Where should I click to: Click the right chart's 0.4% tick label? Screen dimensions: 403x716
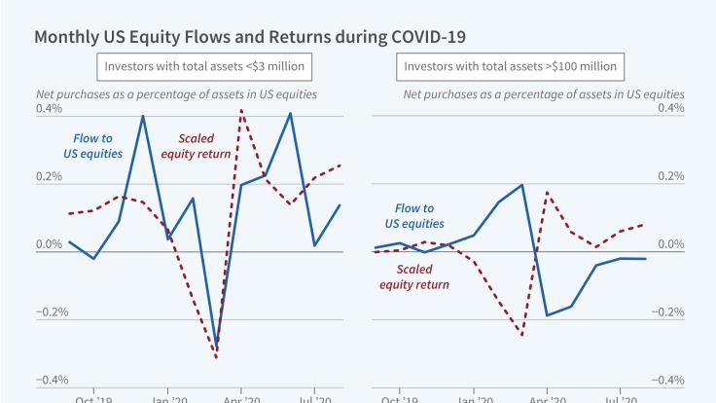(671, 109)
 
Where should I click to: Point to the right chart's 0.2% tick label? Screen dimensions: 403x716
(671, 177)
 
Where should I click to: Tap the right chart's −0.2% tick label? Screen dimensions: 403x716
(669, 312)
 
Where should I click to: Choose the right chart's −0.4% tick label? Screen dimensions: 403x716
(669, 380)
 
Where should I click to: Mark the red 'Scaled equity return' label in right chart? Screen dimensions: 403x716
(414, 277)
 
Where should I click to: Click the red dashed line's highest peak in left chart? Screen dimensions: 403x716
(240, 111)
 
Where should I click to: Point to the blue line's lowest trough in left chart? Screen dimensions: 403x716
(216, 352)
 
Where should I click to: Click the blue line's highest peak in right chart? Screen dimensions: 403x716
(522, 185)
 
